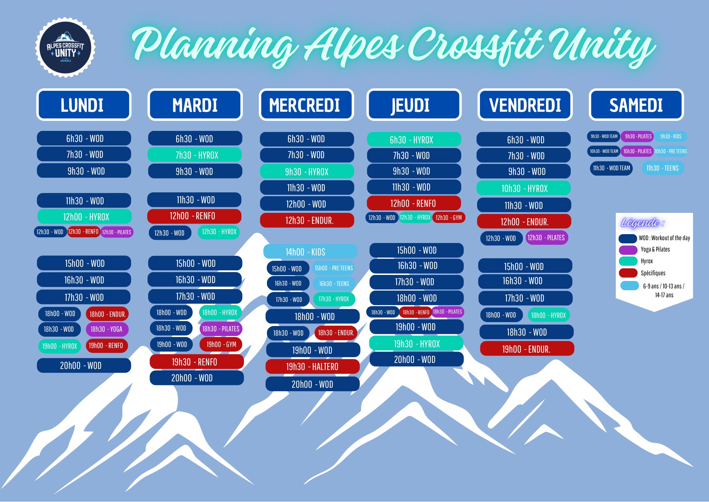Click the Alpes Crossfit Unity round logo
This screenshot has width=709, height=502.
pos(65,48)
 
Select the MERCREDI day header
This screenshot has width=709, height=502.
pos(306,105)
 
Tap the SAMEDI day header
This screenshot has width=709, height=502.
pos(636,105)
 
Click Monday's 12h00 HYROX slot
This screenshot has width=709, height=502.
pos(85,217)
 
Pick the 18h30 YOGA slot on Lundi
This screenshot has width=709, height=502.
pos(107,329)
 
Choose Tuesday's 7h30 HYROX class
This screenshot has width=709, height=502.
pos(195,155)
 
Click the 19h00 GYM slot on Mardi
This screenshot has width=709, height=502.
pos(221,344)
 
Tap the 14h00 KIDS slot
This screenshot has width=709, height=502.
pos(310,252)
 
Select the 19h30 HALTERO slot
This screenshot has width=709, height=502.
pos(312,367)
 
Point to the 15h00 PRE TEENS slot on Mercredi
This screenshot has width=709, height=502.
pos(334,268)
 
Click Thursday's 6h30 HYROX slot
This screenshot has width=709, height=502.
pos(414,140)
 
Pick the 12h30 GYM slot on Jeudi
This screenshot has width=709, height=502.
pos(449,217)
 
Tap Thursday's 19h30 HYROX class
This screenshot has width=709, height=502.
pos(417,344)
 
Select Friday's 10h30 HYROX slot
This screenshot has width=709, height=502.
pos(524,188)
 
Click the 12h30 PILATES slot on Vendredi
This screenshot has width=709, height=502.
pos(546,238)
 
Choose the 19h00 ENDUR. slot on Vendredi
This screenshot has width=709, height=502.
pos(527,349)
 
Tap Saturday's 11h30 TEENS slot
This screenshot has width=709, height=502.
pos(663,168)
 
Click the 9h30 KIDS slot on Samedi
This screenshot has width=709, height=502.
pos(671,137)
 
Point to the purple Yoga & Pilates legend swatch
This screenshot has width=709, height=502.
pos(628,250)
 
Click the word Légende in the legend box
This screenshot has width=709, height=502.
pos(640,222)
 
